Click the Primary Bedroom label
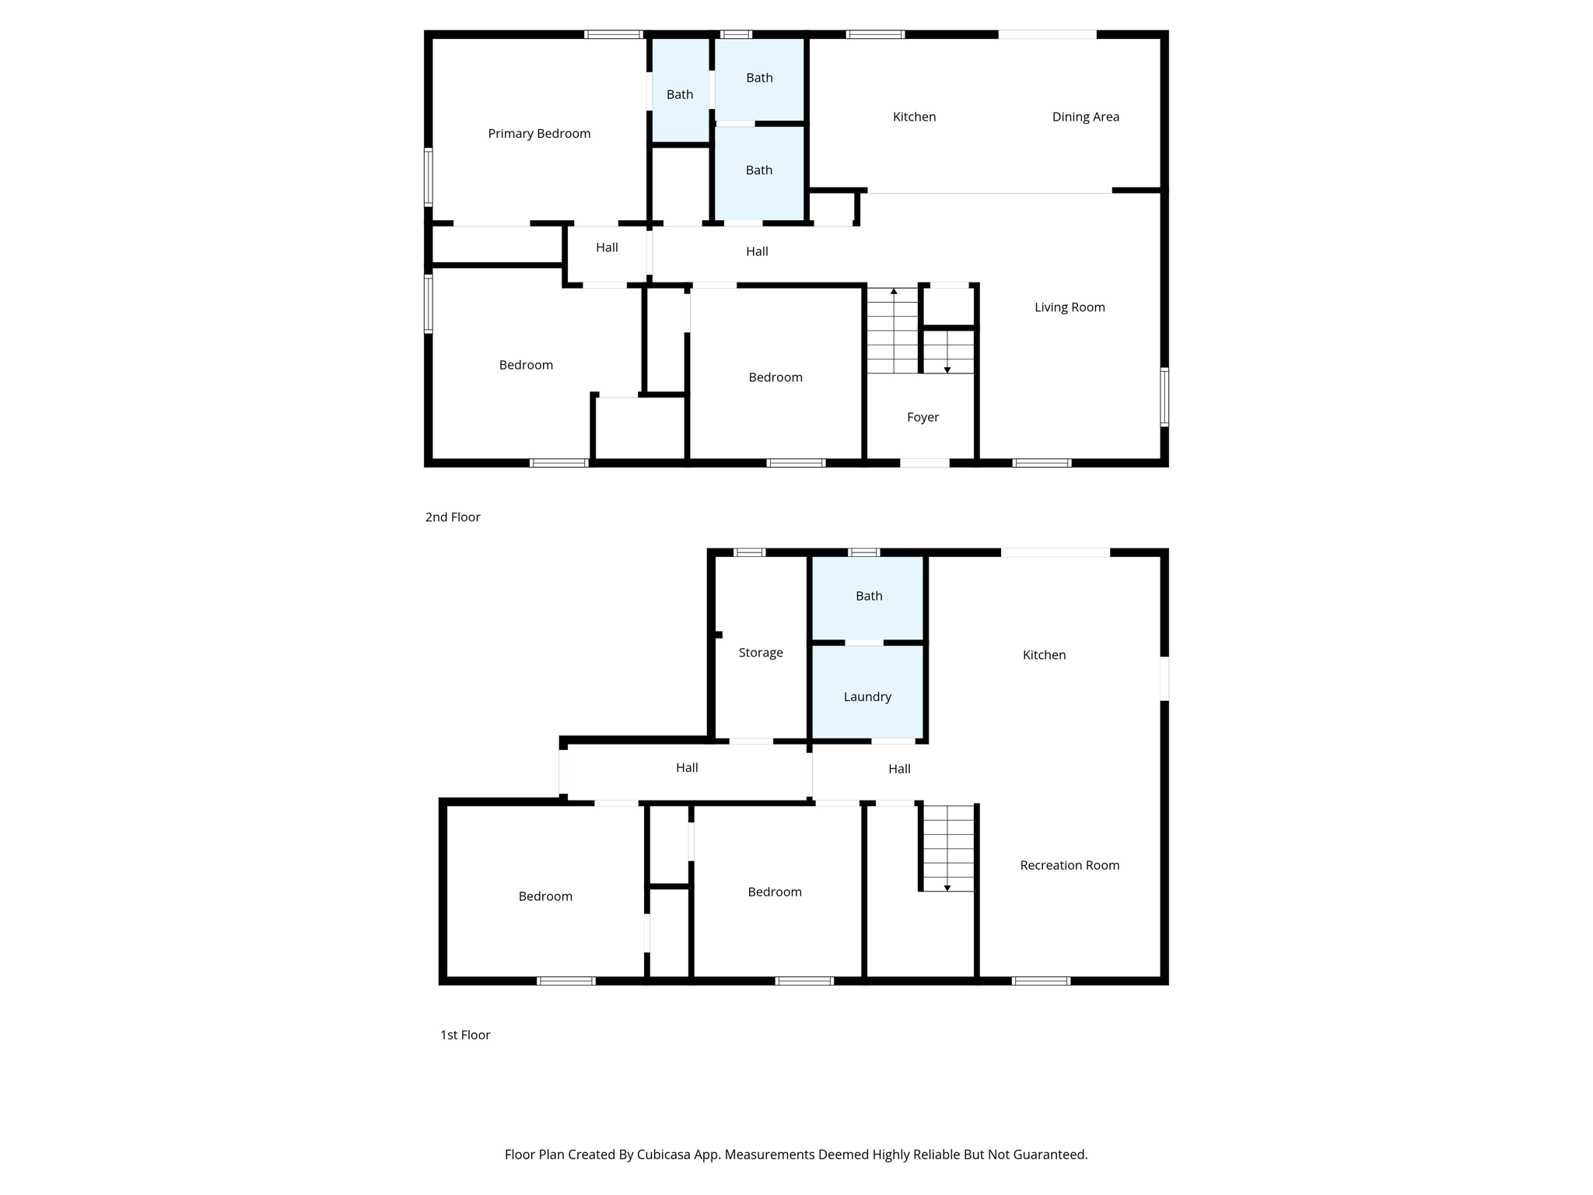[539, 134]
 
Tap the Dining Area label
[1085, 117]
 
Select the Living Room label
[1070, 307]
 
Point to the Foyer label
[923, 417]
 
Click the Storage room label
[760, 653]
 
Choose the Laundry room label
[867, 697]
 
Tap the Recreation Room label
[1070, 865]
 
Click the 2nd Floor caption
[453, 517]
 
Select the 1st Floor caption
[465, 1035]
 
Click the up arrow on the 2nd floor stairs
[894, 292]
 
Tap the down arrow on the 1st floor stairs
[947, 887]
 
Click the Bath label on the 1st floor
[869, 596]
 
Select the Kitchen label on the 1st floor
[1044, 655]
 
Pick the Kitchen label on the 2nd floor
[914, 117]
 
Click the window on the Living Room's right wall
[1164, 397]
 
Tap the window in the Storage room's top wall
[750, 552]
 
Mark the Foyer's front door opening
[925, 463]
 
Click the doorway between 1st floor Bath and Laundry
[864, 643]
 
